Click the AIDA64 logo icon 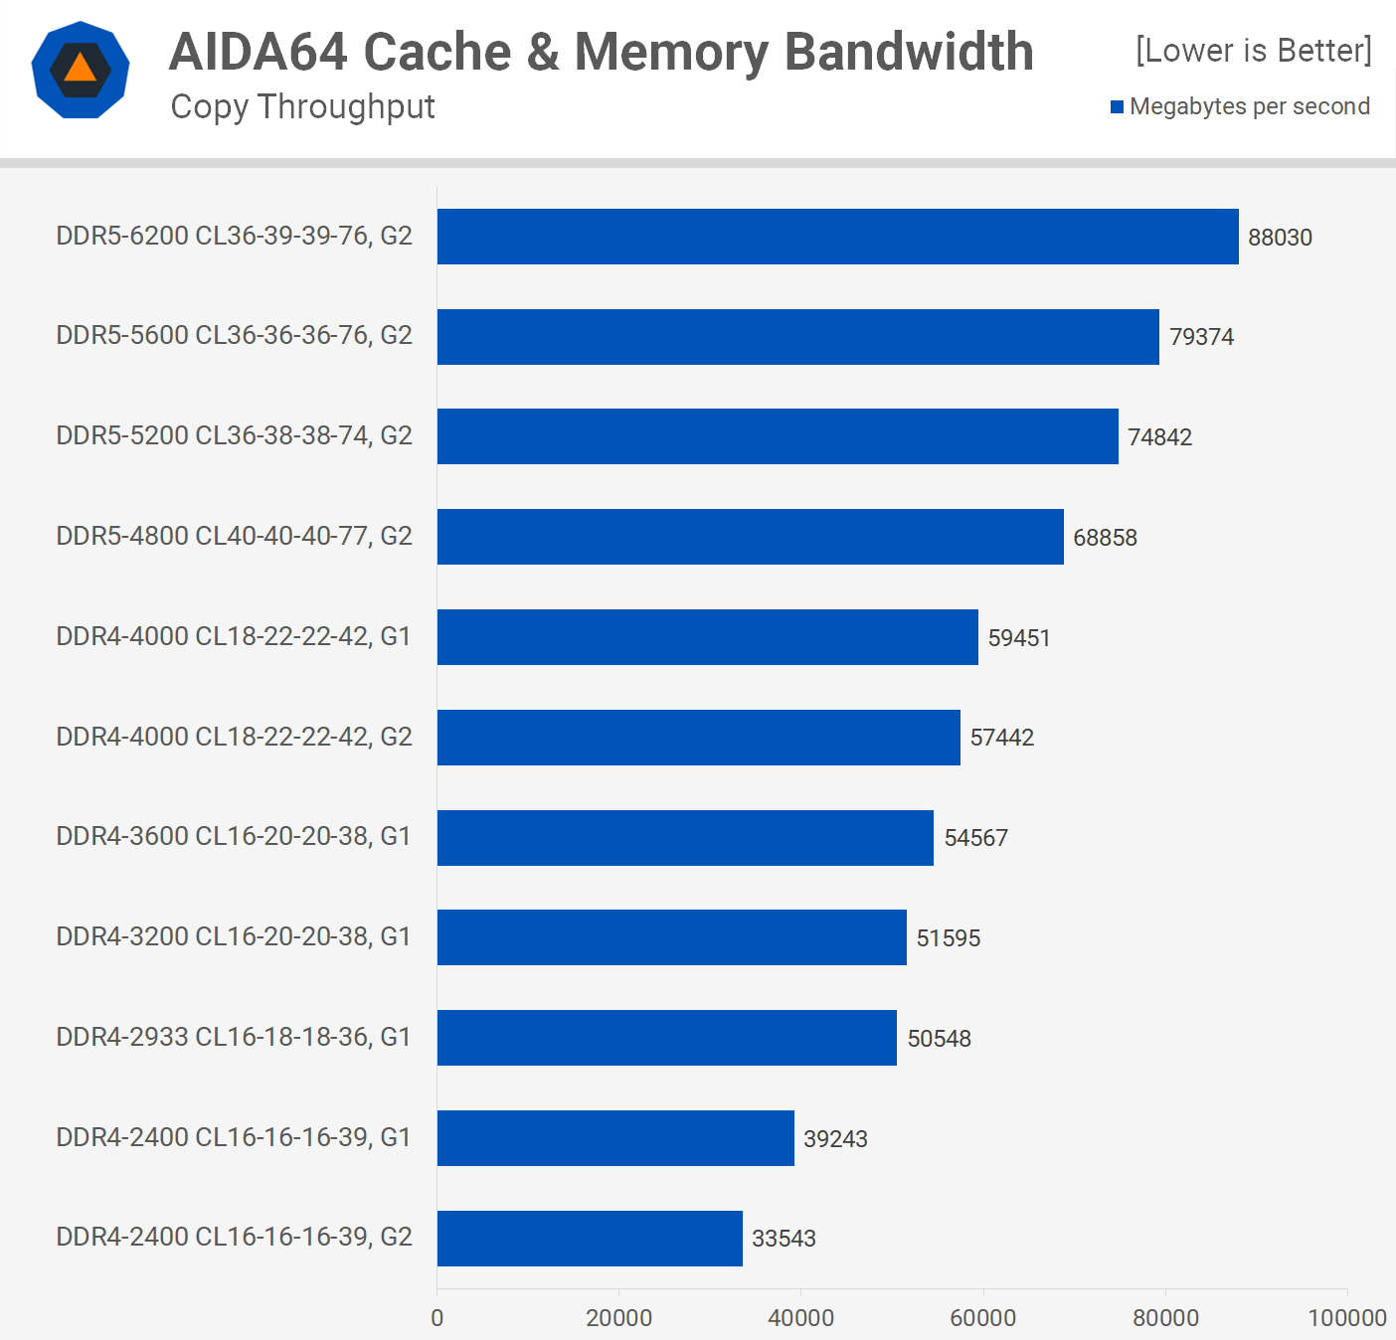coord(81,71)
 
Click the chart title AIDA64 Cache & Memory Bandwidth coord(602,52)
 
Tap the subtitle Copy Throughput coord(302,106)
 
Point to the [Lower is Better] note coord(1253,50)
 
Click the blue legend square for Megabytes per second coord(1118,106)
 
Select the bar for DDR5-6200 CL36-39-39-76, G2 coord(837,237)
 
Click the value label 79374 coord(1201,337)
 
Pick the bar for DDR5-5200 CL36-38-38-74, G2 coord(778,436)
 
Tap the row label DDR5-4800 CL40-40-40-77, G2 coord(234,536)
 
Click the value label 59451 coord(1019,637)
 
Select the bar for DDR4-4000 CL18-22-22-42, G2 coord(698,738)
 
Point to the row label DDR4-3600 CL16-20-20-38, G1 coord(234,836)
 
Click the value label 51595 coord(948,938)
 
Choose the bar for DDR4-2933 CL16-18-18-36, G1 coord(666,1038)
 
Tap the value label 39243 coord(835,1139)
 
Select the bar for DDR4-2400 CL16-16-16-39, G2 coord(590,1239)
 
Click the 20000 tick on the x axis coord(618,1318)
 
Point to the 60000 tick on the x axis coord(982,1318)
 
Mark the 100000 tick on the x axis coord(1346,1318)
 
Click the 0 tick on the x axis coord(437,1318)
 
